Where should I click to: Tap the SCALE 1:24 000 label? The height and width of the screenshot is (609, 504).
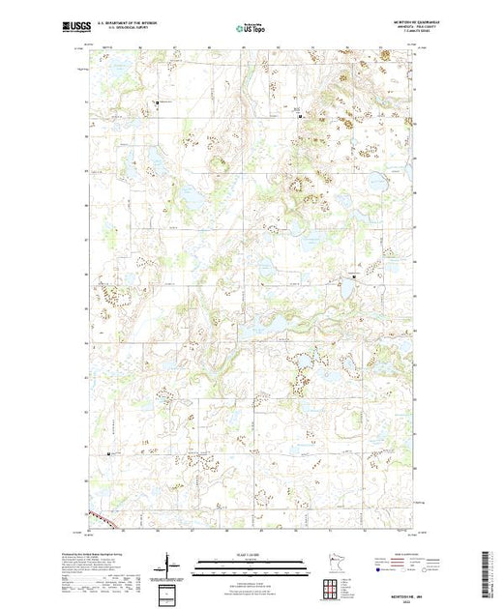[x=251, y=553]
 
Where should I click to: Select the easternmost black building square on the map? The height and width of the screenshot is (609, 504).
[x=352, y=276]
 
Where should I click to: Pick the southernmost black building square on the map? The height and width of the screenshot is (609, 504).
[x=108, y=453]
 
